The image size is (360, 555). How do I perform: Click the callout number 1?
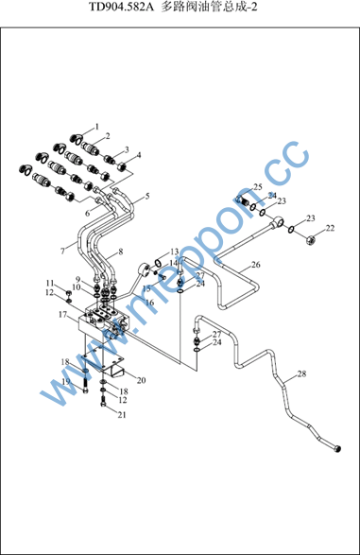(x=97, y=127)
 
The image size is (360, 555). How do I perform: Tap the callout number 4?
(x=139, y=155)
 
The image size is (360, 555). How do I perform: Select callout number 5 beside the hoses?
(x=147, y=196)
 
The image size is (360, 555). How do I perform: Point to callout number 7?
(x=62, y=251)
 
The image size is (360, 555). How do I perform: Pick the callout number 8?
(x=121, y=251)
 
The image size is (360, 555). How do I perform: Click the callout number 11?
(x=50, y=283)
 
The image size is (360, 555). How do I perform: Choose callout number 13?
(x=175, y=251)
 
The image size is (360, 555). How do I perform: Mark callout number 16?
(x=149, y=303)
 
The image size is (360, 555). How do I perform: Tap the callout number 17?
(x=62, y=314)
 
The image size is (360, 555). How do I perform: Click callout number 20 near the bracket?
(x=141, y=380)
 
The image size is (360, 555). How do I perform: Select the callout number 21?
(x=122, y=414)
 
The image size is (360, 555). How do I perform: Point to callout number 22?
(x=330, y=228)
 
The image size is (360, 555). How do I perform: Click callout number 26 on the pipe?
(x=256, y=265)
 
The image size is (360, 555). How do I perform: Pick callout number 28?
(x=301, y=373)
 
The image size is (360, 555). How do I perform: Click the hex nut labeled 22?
(x=311, y=241)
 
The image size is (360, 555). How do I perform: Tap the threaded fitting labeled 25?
(x=241, y=200)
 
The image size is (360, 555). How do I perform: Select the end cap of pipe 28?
(x=337, y=449)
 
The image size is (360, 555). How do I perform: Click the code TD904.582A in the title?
(x=121, y=7)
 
